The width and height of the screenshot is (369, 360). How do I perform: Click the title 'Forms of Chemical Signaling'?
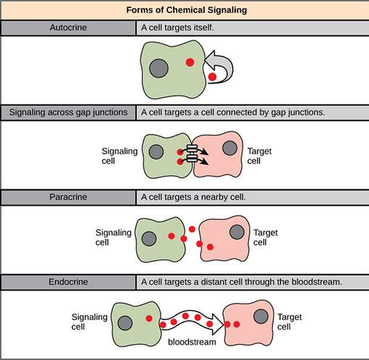187,10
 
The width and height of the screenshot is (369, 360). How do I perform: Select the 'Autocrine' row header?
68,28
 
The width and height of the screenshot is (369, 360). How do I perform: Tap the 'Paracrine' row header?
68,197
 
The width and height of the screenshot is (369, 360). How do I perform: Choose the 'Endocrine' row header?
68,282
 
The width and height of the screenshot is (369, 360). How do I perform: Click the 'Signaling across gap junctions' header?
68,112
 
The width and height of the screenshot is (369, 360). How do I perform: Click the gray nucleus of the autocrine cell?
158,68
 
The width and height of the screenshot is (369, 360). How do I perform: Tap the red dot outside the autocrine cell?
212,77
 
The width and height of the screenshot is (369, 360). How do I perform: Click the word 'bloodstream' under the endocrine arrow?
192,342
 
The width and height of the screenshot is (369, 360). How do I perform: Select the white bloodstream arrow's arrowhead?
218,324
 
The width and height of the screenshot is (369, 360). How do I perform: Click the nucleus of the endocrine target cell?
261,317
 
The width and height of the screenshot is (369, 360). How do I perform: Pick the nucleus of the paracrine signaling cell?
149,239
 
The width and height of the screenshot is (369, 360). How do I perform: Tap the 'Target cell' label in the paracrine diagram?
266,238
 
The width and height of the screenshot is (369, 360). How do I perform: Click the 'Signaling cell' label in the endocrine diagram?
90,322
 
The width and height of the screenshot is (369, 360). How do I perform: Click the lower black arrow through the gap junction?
195,161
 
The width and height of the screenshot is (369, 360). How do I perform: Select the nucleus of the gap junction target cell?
230,148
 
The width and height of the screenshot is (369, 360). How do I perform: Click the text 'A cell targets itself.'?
177,28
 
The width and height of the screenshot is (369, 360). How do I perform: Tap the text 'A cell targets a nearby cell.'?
193,197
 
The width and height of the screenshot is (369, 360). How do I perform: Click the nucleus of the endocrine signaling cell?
125,323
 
